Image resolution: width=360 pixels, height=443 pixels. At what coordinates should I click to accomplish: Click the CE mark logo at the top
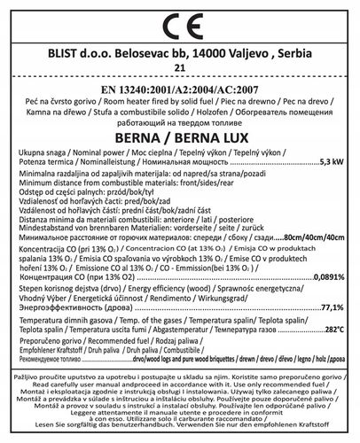(180, 23)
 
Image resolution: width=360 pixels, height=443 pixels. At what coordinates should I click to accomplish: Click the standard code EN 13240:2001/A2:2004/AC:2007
(180, 89)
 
